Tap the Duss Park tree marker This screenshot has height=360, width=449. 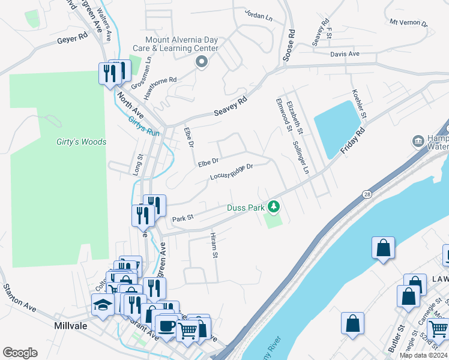coord(274,207)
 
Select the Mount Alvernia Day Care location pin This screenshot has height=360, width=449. coord(201,61)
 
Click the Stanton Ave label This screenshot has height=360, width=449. coord(17,298)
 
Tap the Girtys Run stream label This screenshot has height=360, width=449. coord(144,126)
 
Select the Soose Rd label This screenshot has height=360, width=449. coord(290,47)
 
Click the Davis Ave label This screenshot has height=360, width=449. coord(345,54)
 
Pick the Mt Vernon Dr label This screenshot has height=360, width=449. coord(408,23)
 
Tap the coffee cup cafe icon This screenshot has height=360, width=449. coord(167,325)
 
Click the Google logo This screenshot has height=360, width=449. coord(20,352)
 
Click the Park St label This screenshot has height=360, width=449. coord(182,219)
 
